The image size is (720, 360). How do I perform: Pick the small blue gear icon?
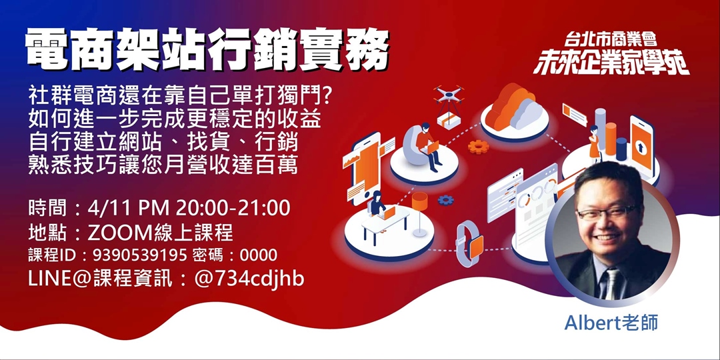(x=445, y=199)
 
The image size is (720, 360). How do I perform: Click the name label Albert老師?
(x=611, y=323)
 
